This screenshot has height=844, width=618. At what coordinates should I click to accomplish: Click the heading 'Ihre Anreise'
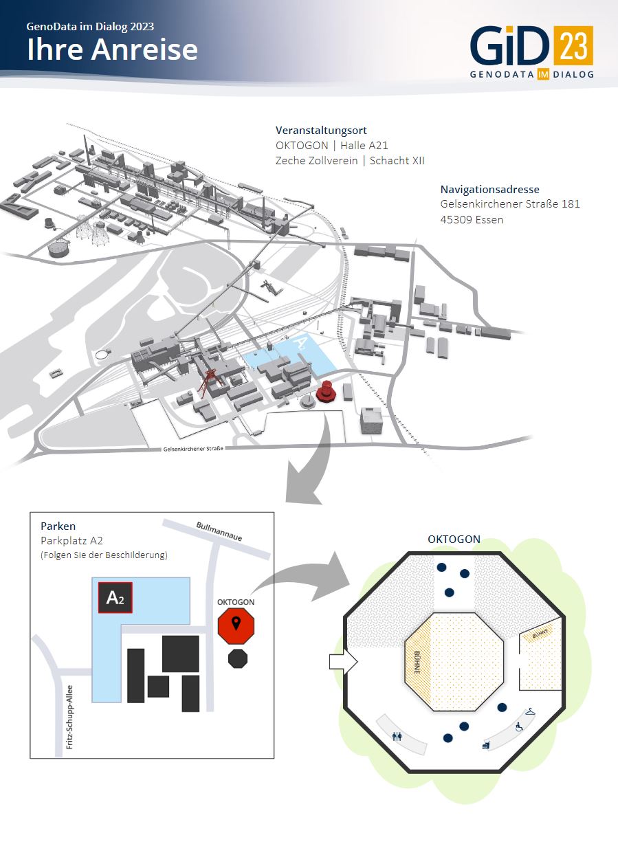pyautogui.click(x=112, y=49)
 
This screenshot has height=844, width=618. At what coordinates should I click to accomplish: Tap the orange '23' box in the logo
pyautogui.click(x=574, y=45)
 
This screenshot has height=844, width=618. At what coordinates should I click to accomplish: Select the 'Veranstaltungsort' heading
pyautogui.click(x=321, y=131)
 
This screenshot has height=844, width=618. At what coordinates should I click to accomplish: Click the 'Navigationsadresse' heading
pyautogui.click(x=489, y=189)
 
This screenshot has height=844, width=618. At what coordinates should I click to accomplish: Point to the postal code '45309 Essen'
pyautogui.click(x=472, y=220)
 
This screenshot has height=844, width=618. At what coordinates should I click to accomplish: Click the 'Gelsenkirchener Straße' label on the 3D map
pyautogui.click(x=193, y=449)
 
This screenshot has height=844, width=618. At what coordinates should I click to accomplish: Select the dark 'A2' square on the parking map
pyautogui.click(x=115, y=597)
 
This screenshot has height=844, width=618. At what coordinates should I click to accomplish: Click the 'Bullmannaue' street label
pyautogui.click(x=219, y=532)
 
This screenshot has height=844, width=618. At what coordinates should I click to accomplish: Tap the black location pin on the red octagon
pyautogui.click(x=236, y=623)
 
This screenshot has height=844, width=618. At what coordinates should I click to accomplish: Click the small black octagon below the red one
pyautogui.click(x=238, y=658)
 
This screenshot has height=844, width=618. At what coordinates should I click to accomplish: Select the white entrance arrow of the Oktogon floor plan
pyautogui.click(x=343, y=661)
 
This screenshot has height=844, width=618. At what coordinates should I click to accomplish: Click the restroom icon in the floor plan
pyautogui.click(x=397, y=736)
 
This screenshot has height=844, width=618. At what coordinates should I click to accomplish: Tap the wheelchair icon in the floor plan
pyautogui.click(x=519, y=726)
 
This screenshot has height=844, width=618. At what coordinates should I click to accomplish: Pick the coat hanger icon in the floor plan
pyautogui.click(x=530, y=712)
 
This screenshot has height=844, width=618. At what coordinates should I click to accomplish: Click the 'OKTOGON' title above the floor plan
pyautogui.click(x=454, y=539)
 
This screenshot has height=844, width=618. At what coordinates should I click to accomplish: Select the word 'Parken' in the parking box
pyautogui.click(x=58, y=526)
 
